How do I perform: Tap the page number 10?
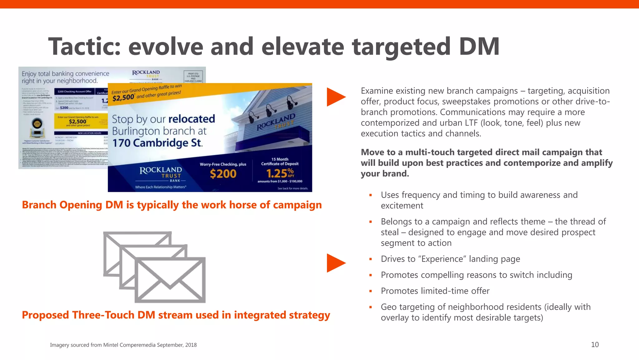click(595, 345)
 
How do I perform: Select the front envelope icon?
click(170, 280)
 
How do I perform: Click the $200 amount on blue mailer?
click(223, 174)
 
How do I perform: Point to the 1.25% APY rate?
click(280, 173)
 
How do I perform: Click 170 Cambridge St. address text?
click(157, 143)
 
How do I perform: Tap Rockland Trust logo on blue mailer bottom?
click(161, 173)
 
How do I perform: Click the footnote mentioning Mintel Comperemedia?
click(123, 345)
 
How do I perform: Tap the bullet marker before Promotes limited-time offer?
click(371, 291)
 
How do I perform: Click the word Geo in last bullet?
click(388, 307)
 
